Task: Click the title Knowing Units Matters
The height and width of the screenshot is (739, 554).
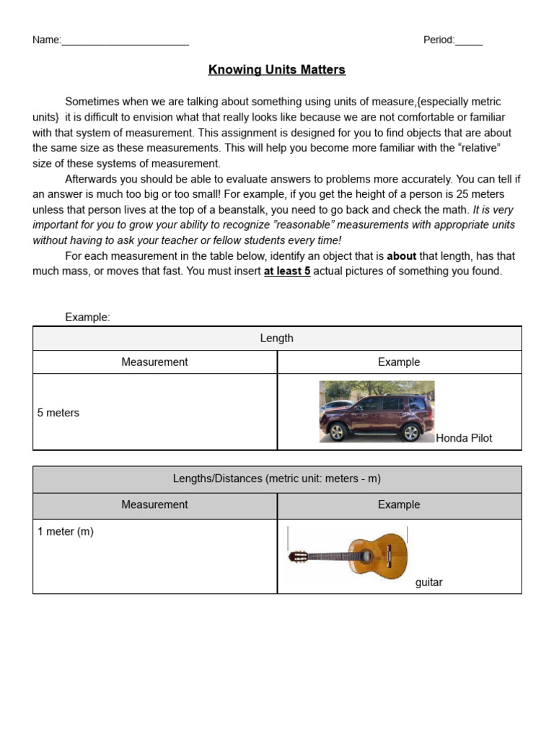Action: pos(277,70)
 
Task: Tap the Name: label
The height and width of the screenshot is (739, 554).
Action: pos(46,40)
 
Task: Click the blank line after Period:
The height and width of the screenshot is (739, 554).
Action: pos(469,42)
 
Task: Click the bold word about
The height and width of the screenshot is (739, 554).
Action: pos(402,256)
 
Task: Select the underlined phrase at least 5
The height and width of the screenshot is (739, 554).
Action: pos(287,271)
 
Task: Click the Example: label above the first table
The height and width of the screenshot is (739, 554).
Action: pos(87,318)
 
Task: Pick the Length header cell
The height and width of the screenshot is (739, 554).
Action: pos(277,338)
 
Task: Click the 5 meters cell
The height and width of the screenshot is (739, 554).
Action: pos(58,413)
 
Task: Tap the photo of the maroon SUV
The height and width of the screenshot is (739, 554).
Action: pos(377,411)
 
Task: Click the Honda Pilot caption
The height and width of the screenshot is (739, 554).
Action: pos(464,438)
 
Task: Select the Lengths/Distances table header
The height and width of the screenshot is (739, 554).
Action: pos(277,479)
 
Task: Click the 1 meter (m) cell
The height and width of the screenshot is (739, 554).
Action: pos(66,532)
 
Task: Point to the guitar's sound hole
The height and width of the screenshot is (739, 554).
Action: pos(366,556)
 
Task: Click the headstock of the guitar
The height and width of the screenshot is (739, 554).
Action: pos(298,556)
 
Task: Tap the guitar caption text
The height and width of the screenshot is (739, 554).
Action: pos(428,582)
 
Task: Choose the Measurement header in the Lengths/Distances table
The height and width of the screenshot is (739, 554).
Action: pos(154,505)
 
